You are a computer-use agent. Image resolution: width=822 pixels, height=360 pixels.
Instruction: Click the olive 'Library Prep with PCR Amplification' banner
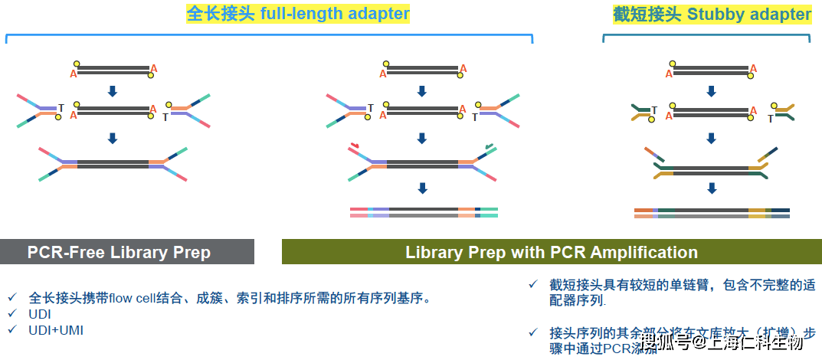click(552, 252)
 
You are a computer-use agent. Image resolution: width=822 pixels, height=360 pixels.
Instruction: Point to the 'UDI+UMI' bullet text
click(56, 330)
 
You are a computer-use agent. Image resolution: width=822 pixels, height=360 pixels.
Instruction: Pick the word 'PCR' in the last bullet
click(614, 346)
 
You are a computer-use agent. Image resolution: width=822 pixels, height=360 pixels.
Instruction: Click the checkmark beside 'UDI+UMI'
click(12, 330)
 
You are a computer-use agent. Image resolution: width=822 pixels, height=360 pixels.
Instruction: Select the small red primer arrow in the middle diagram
click(355, 144)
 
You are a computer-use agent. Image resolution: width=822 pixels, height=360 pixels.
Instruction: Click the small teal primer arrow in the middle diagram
click(489, 144)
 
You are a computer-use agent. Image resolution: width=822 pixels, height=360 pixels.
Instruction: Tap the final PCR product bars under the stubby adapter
click(712, 212)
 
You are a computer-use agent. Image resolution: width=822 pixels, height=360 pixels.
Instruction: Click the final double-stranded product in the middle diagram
click(424, 212)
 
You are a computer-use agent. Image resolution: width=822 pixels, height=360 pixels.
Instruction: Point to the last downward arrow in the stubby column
click(712, 188)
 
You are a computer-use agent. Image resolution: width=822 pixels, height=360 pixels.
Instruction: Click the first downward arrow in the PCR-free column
click(113, 91)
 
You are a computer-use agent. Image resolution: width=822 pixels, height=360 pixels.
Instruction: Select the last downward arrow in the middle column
click(422, 188)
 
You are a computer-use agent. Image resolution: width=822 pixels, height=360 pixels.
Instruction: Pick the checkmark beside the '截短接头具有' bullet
click(533, 284)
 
